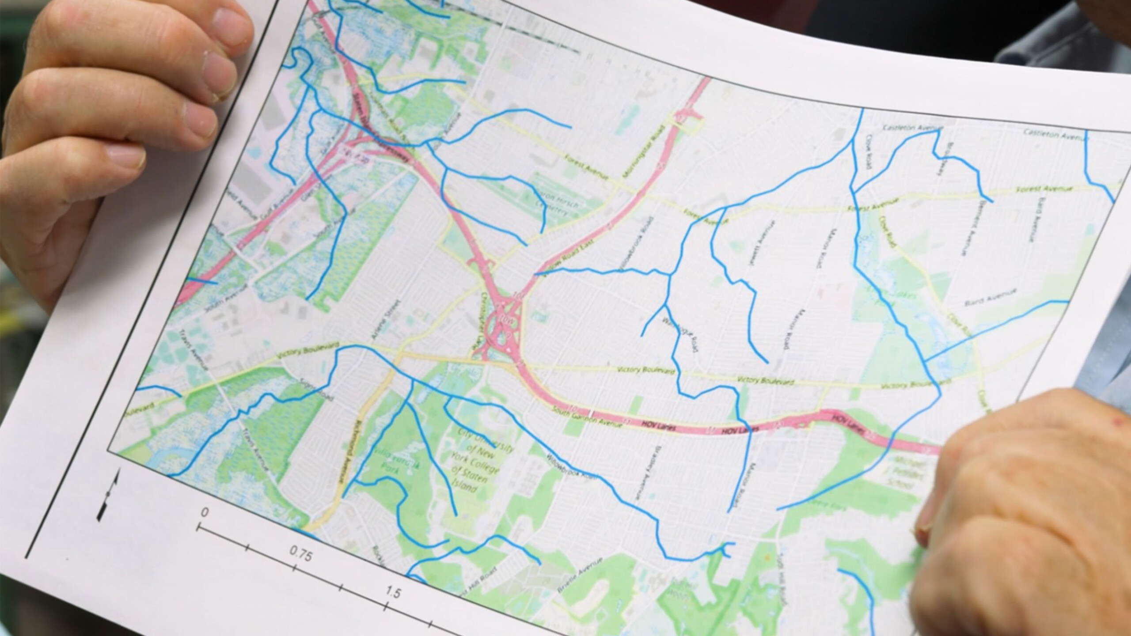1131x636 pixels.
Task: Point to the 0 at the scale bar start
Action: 204,513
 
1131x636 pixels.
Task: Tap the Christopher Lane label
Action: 478,326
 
